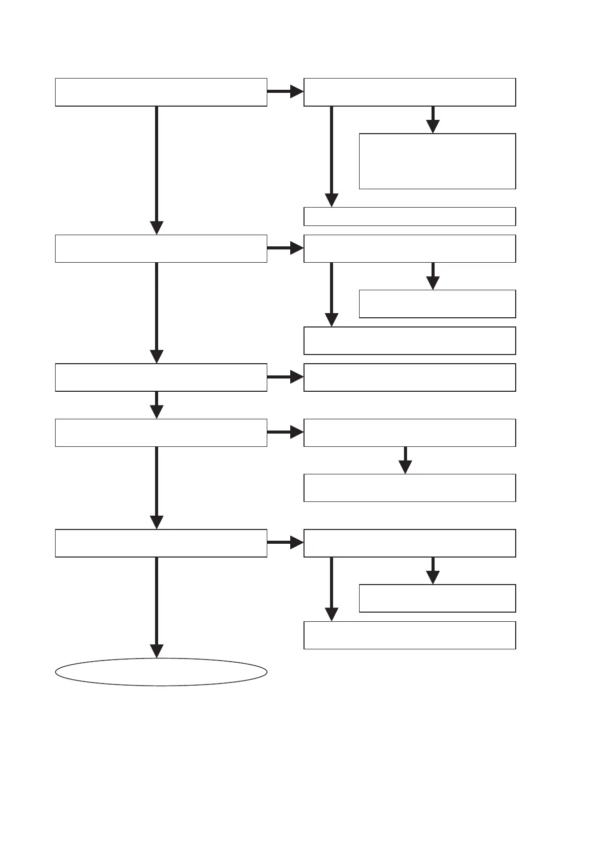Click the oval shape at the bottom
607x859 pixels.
(161, 672)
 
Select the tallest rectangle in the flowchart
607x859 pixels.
(437, 161)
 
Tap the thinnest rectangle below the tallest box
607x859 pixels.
(410, 216)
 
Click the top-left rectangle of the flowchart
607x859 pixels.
(161, 92)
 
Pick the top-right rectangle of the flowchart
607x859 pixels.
(410, 92)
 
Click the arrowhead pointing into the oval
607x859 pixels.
(157, 651)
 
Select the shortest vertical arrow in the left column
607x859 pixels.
(157, 405)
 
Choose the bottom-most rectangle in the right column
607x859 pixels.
(410, 635)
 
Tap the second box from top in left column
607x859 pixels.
(161, 248)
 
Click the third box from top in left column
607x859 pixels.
(161, 377)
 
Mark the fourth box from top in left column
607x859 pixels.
(161, 433)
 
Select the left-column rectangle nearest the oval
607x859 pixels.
(161, 543)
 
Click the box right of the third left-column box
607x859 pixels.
(410, 377)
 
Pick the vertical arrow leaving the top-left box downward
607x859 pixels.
(157, 168)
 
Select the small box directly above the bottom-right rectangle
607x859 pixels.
(437, 598)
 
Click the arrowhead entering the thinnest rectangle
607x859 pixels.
(332, 200)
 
